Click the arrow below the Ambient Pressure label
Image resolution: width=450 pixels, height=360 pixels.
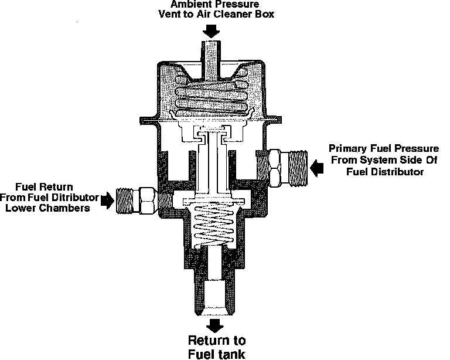(212, 31)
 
